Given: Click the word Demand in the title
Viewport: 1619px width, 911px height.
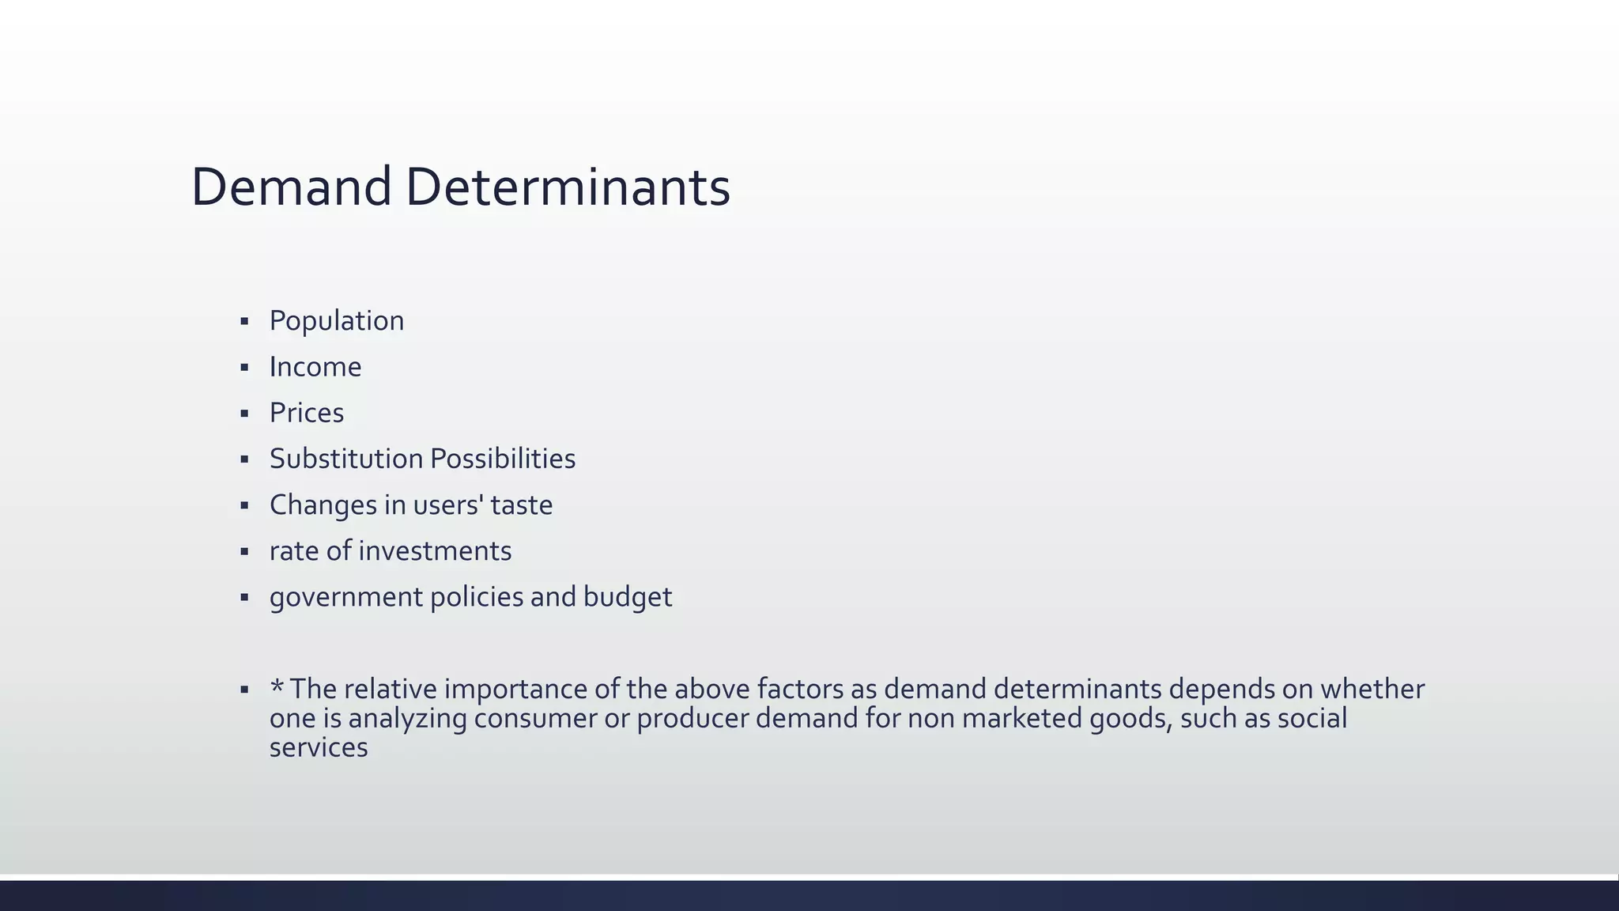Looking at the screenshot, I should click(291, 187).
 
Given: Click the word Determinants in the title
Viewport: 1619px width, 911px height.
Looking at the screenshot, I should click(568, 187).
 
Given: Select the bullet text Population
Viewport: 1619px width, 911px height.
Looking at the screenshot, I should click(336, 321).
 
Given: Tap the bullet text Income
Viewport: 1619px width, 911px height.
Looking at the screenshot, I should click(315, 367).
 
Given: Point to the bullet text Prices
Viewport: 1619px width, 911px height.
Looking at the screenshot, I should click(306, 413).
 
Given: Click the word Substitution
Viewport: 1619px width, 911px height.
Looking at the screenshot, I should click(345, 459).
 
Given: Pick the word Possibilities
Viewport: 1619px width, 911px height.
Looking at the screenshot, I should click(503, 459).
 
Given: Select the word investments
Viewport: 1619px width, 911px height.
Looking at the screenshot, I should click(435, 551).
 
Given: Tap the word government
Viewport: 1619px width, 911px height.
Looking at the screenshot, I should click(345, 597).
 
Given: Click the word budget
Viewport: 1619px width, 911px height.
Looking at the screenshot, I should click(628, 597).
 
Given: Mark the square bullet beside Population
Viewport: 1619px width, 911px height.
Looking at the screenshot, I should click(244, 322).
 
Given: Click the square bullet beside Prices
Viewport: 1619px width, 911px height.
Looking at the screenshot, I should click(244, 414).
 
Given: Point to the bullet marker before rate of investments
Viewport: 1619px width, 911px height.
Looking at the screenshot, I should click(244, 552).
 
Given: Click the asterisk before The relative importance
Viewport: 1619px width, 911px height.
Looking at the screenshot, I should click(277, 686).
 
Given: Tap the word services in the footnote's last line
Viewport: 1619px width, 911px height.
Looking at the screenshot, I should click(318, 747).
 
